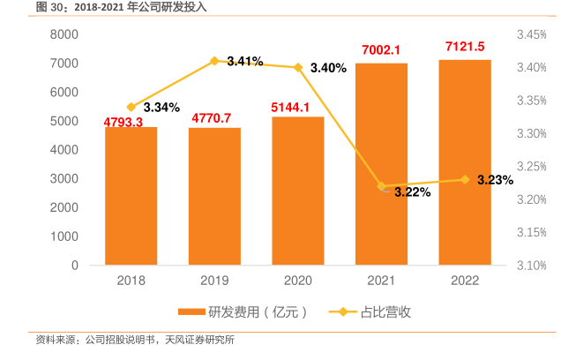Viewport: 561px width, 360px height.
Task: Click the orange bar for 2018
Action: [x=131, y=196]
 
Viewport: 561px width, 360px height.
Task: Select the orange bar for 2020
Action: [x=298, y=191]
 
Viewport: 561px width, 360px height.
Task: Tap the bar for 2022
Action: [x=465, y=162]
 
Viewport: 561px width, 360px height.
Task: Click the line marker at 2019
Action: [x=214, y=61]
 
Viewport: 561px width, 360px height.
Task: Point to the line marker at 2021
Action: [x=382, y=186]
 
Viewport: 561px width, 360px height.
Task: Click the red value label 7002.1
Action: [x=381, y=50]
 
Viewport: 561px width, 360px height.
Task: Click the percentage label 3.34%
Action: [x=161, y=107]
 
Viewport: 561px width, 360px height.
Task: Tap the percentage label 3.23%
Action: [x=495, y=180]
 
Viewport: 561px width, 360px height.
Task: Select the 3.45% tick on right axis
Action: [x=532, y=34]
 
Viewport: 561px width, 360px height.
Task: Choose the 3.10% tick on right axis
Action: [x=532, y=266]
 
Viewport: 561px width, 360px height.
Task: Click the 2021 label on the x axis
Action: [x=382, y=281]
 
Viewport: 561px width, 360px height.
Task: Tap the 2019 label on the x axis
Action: [x=214, y=281]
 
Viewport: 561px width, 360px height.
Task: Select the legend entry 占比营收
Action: [x=375, y=311]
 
